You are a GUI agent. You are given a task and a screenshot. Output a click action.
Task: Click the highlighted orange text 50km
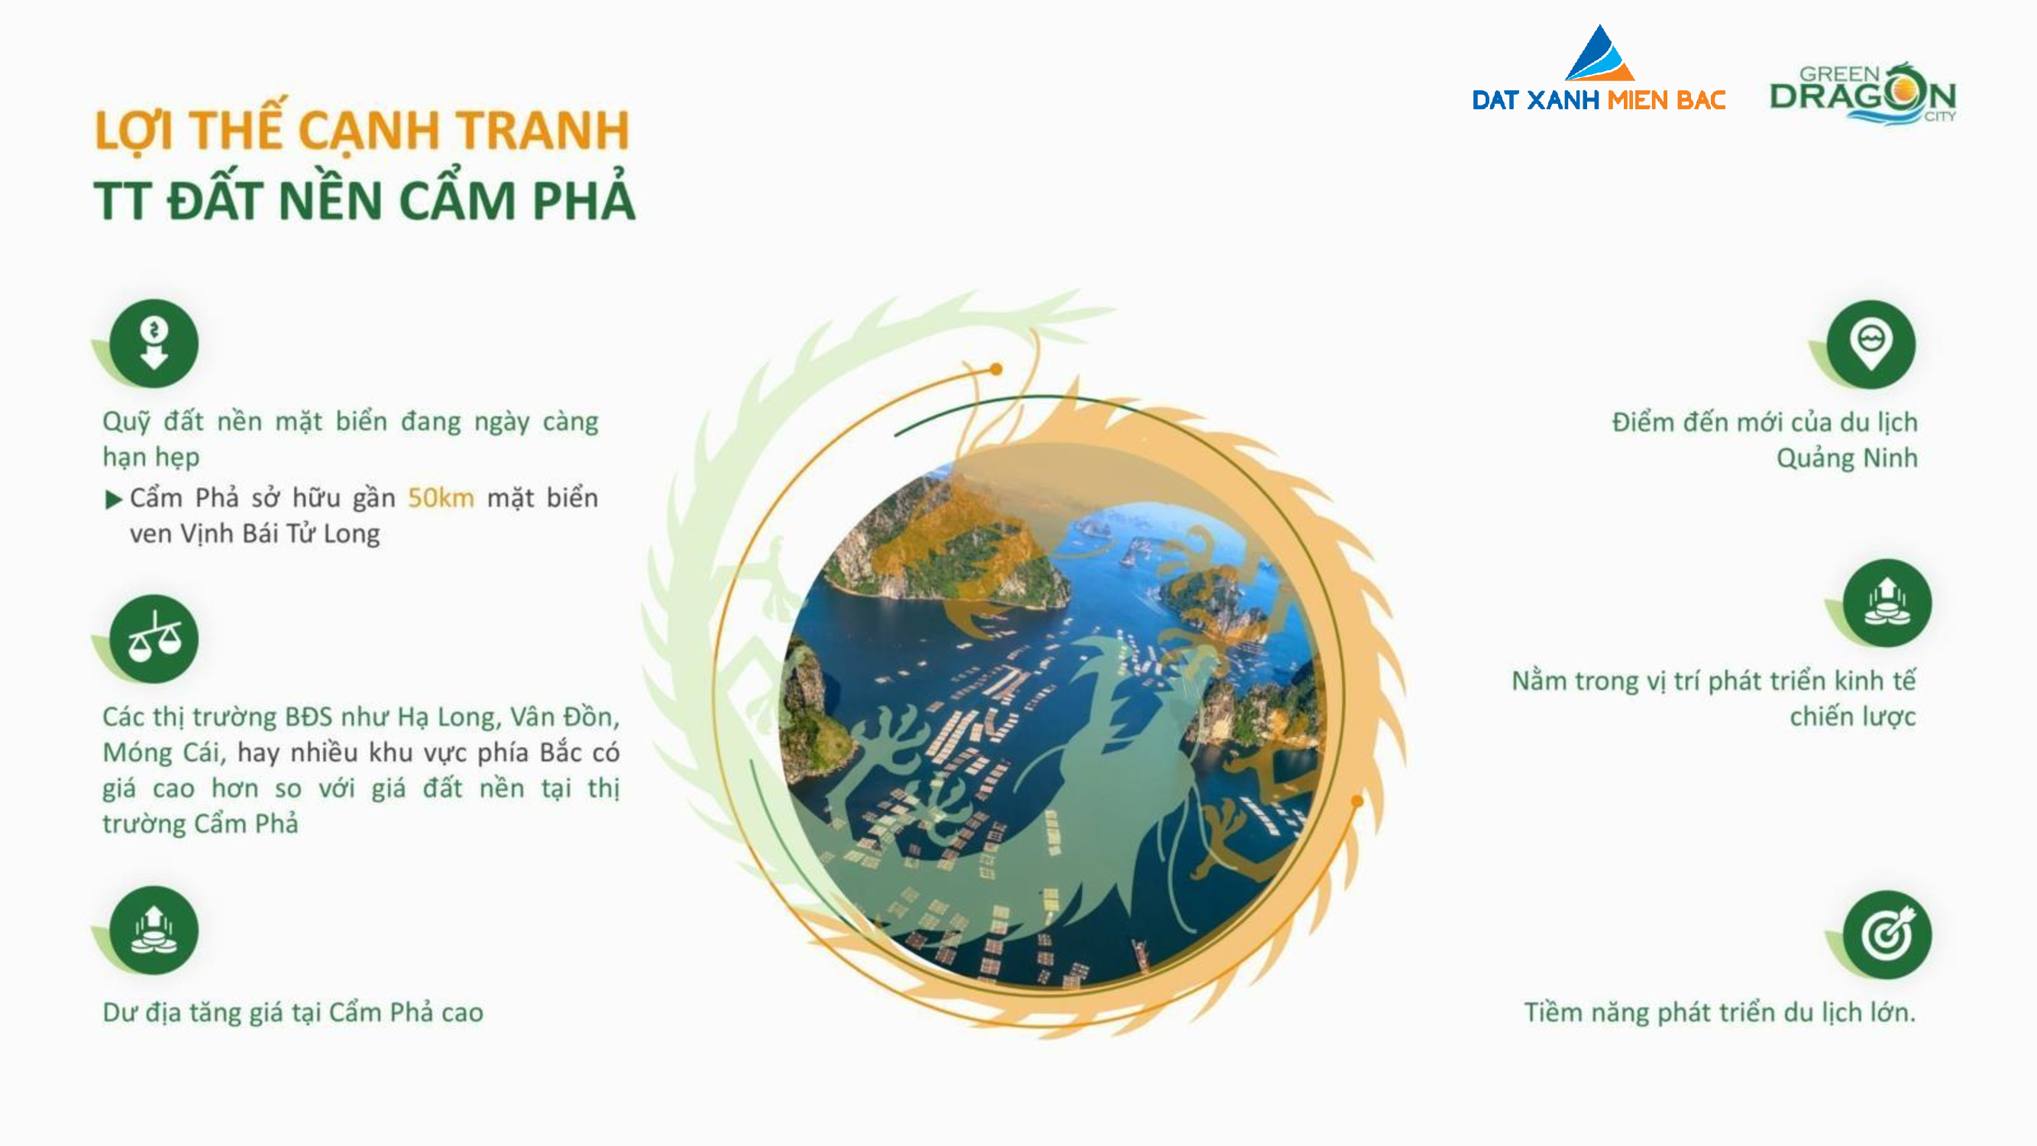441,497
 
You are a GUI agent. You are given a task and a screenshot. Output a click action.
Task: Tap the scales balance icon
154,638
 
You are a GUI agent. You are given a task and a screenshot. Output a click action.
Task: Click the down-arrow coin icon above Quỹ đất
154,343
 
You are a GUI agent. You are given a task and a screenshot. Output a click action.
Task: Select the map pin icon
1871,344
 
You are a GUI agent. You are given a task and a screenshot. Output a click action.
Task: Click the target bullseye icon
1887,935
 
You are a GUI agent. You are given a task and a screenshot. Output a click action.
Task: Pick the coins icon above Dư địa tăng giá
154,930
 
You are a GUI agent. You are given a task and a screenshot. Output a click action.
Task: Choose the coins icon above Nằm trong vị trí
1887,603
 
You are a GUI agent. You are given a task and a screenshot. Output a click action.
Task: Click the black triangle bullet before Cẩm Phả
114,499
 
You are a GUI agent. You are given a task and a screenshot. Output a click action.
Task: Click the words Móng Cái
163,752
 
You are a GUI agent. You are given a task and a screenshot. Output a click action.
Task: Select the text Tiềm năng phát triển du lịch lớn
1720,1012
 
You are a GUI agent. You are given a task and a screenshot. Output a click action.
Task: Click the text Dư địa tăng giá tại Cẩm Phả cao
293,1012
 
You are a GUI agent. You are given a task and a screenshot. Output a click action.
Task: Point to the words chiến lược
1853,717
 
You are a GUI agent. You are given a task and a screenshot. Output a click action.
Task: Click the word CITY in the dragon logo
1940,116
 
